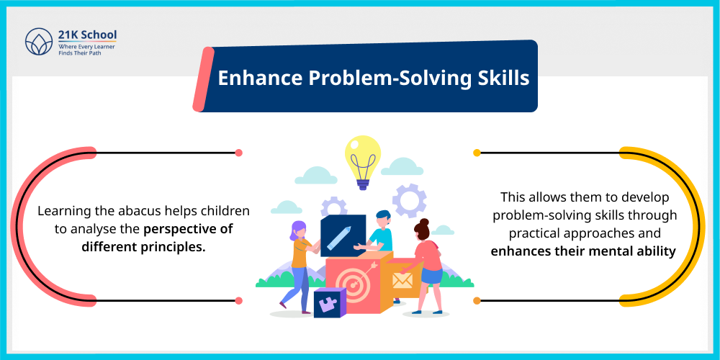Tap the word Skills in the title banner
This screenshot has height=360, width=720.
[502, 78]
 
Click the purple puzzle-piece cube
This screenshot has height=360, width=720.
[330, 302]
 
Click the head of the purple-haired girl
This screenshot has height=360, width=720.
[297, 231]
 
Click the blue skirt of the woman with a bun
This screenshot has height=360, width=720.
[432, 274]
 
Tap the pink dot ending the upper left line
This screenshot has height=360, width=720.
[238, 153]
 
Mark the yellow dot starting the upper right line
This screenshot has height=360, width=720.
[477, 153]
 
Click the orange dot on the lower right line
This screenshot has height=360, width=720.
[477, 300]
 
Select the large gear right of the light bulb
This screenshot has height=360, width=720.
[409, 200]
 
